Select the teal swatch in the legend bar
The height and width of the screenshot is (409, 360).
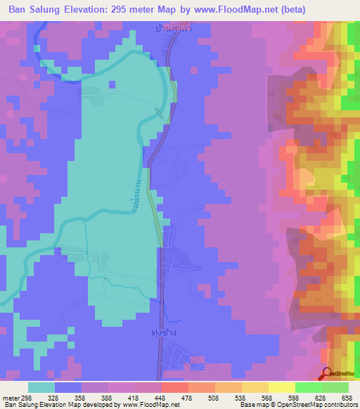click(41, 387)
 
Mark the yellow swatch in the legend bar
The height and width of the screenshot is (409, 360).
click(281, 387)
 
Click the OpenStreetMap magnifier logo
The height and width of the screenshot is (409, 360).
click(328, 374)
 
